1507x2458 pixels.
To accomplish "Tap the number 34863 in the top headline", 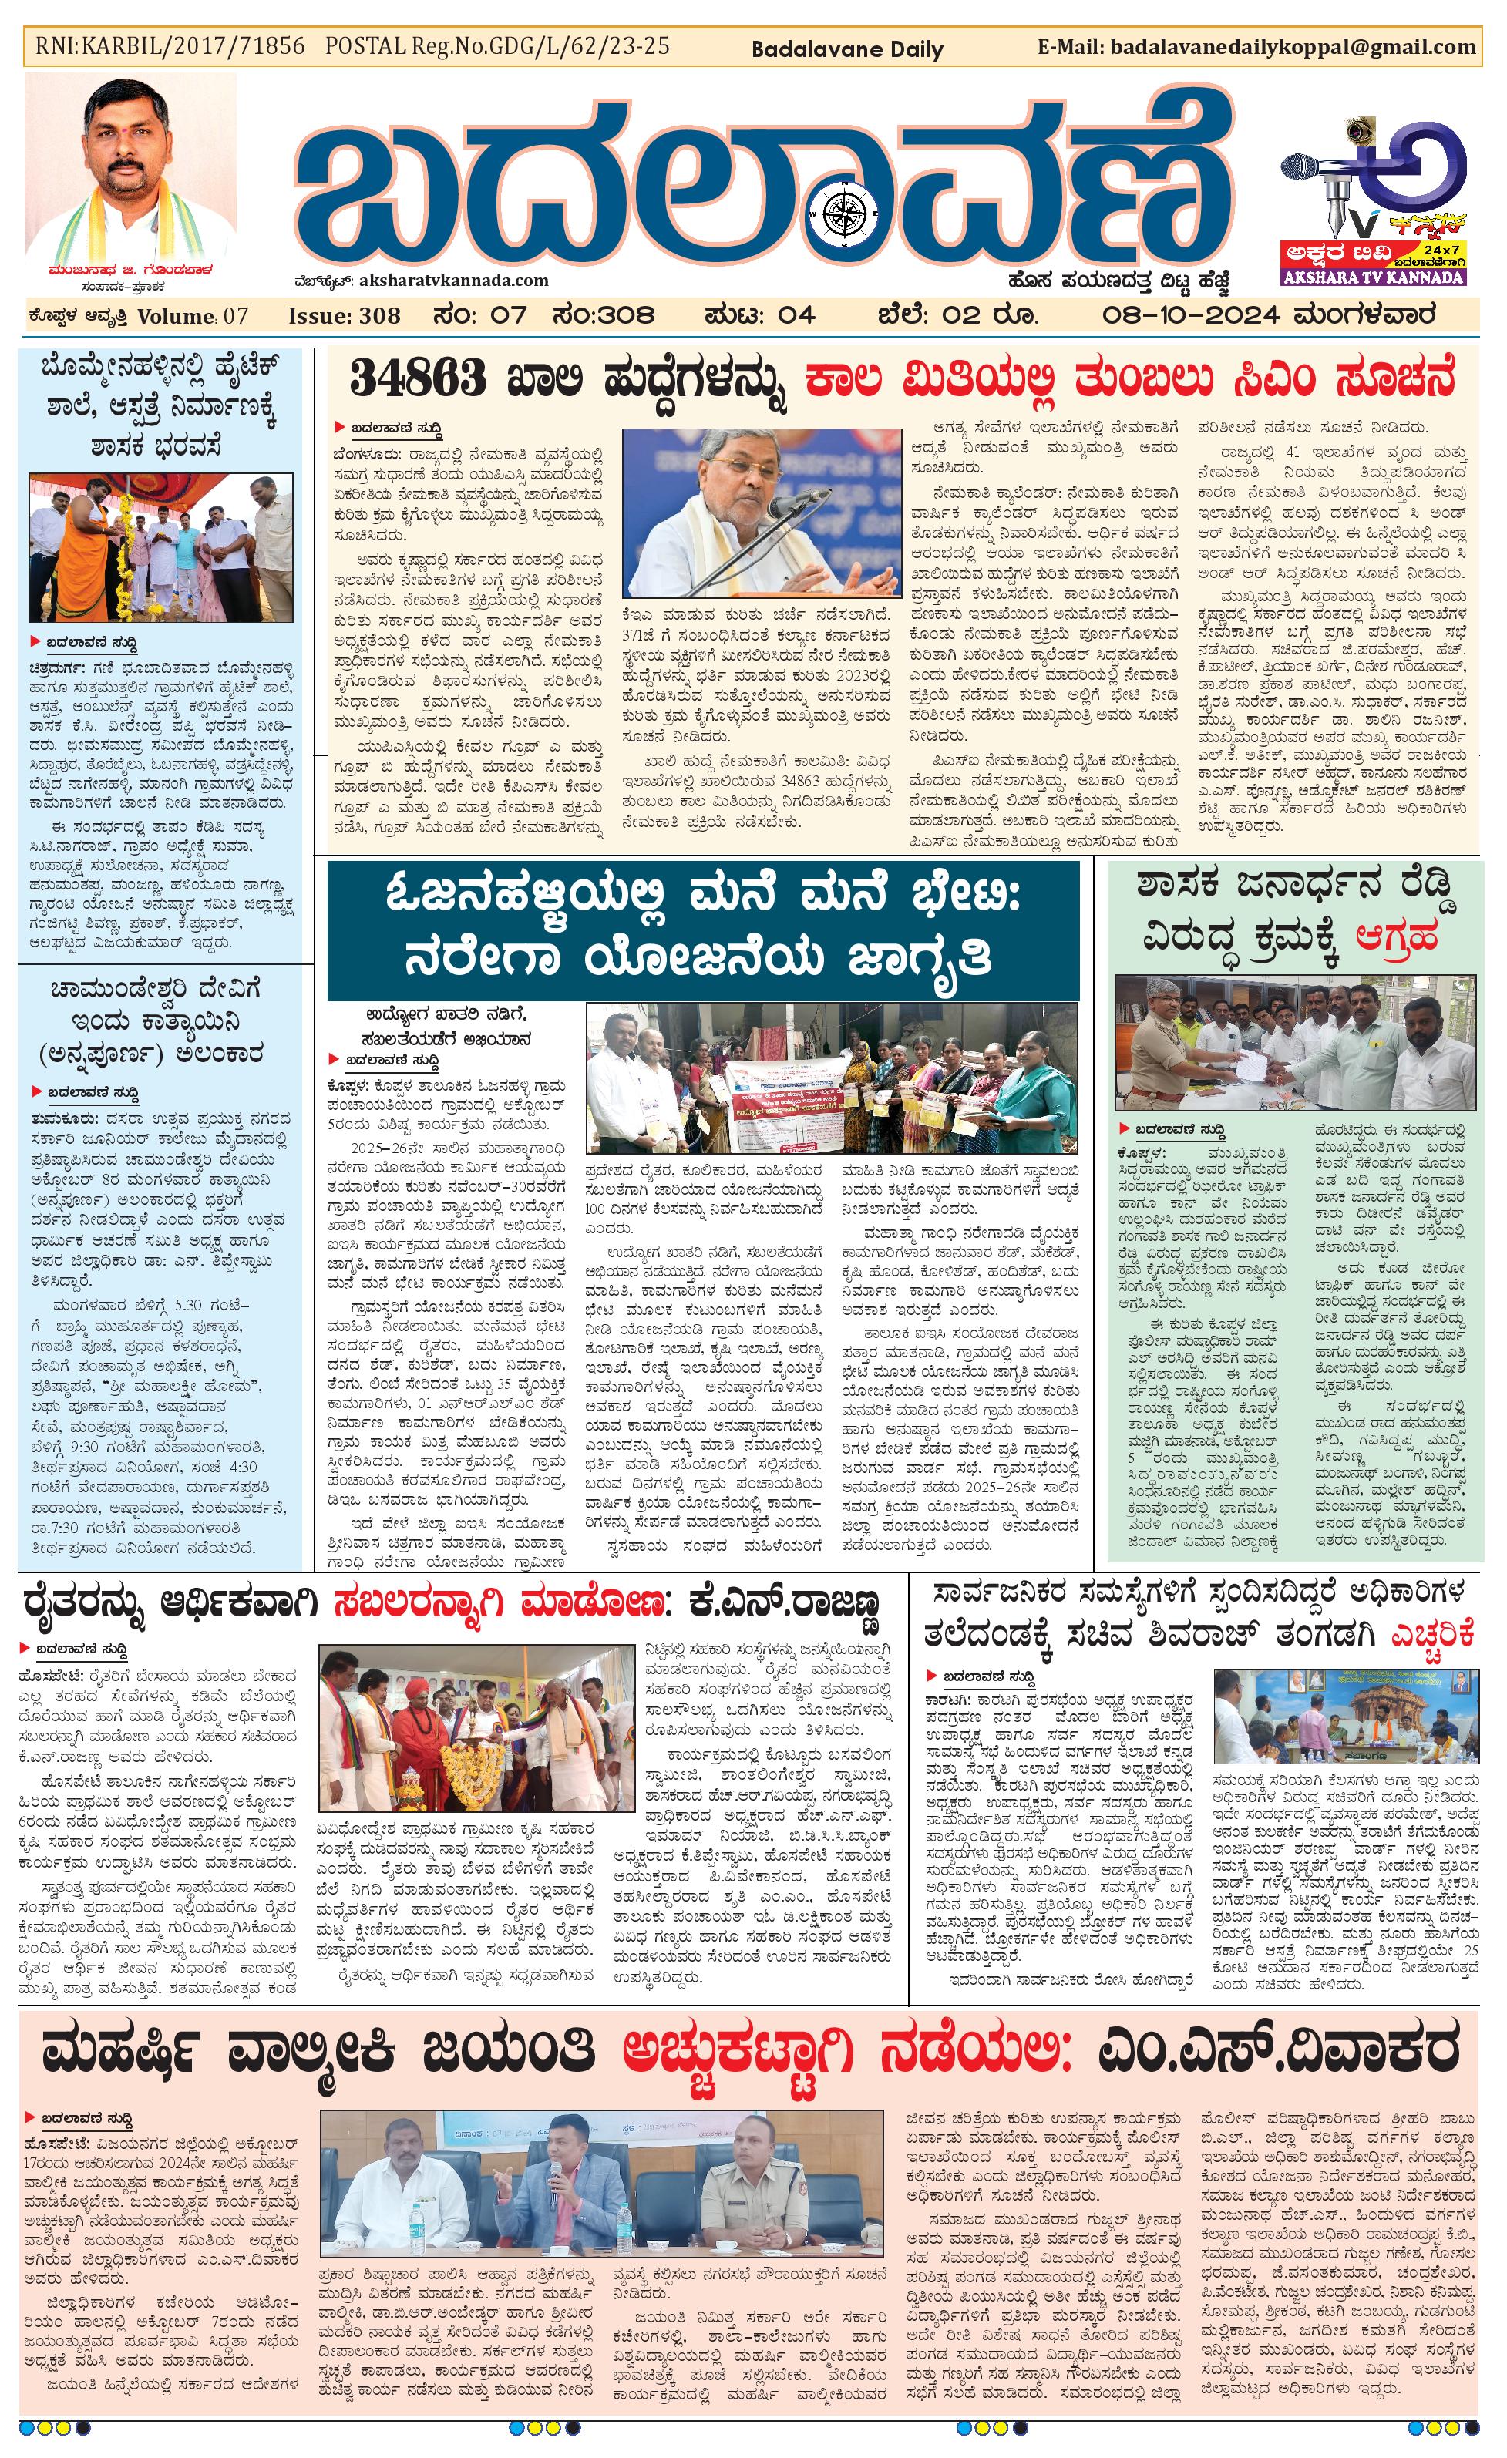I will click(x=418, y=380).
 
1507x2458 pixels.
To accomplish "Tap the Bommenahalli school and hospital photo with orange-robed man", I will click(x=160, y=548).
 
